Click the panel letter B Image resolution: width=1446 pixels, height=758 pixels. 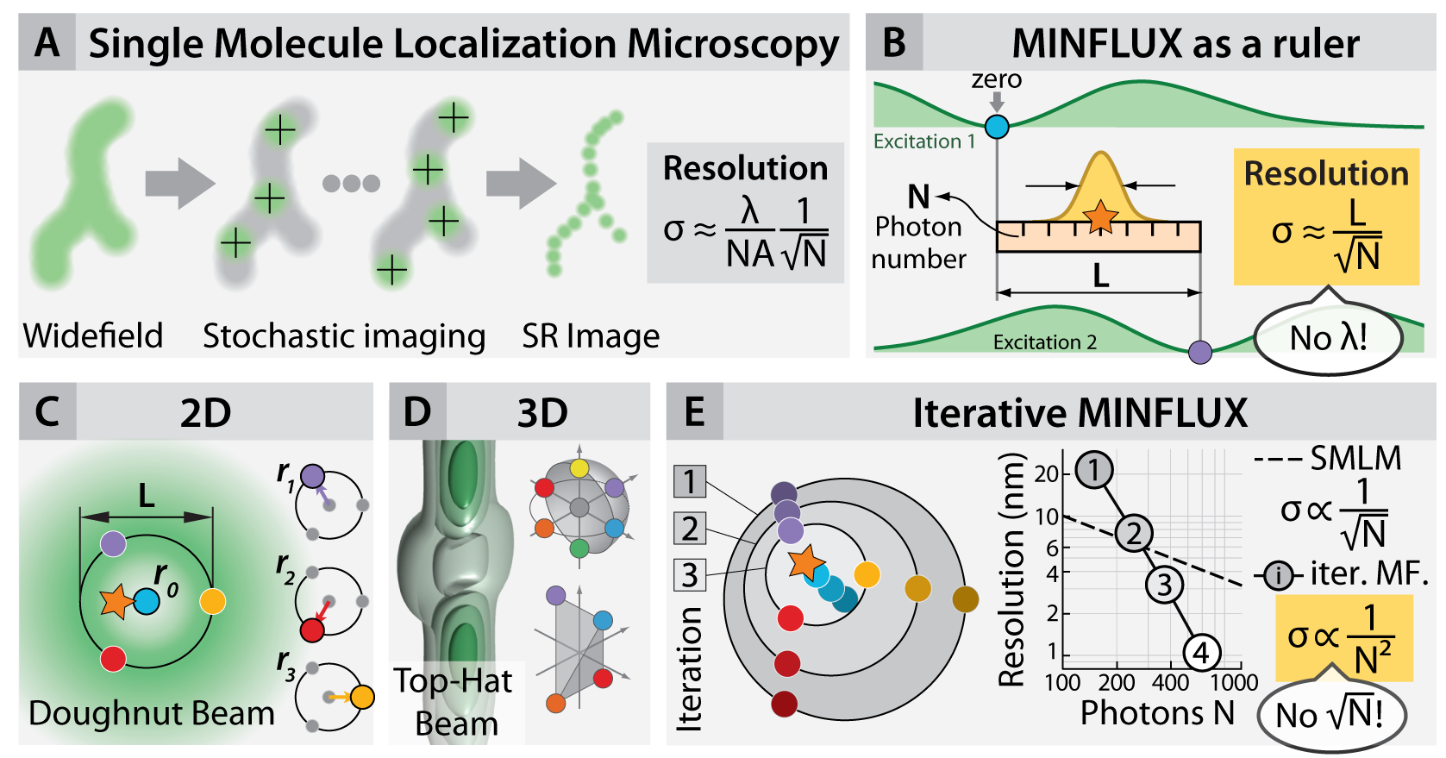click(x=894, y=42)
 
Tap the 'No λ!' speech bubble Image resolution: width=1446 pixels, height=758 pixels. click(x=1327, y=338)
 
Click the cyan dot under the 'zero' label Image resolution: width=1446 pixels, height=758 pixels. click(x=997, y=127)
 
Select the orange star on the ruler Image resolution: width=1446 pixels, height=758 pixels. click(x=1100, y=216)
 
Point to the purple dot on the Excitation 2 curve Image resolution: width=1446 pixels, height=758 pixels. click(x=1200, y=352)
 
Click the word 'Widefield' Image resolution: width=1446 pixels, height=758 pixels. click(x=93, y=335)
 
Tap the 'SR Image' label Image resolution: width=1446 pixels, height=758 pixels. click(x=591, y=335)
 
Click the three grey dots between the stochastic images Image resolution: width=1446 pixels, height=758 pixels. click(x=351, y=183)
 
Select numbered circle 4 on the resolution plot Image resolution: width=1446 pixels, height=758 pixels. click(x=1201, y=653)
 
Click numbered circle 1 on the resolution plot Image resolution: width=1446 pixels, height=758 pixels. click(x=1094, y=470)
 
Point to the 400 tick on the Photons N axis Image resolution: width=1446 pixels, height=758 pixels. click(x=1170, y=683)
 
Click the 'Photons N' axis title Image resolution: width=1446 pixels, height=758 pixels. click(x=1157, y=713)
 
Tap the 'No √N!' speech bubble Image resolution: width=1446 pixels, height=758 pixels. click(x=1330, y=715)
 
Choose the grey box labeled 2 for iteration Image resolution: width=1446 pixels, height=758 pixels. click(x=690, y=528)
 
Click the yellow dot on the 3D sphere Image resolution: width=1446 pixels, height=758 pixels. click(x=579, y=468)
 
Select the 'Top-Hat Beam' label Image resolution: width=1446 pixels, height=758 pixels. click(x=455, y=702)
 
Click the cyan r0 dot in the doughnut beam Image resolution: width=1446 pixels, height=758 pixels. click(x=147, y=601)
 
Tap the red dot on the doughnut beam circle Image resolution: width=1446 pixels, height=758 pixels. click(x=113, y=659)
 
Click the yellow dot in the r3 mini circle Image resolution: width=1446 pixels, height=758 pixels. click(x=362, y=697)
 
